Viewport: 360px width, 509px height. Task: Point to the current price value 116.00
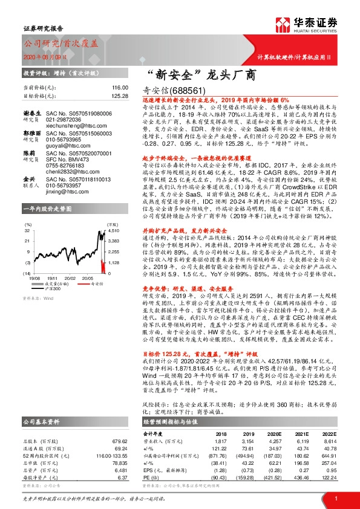point(121,88)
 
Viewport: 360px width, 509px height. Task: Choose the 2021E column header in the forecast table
point(301,435)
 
